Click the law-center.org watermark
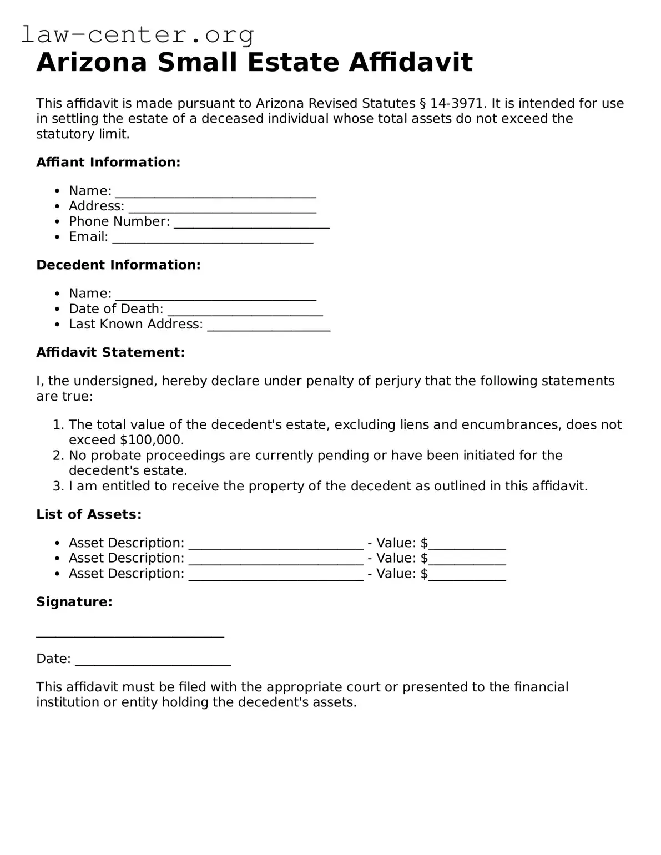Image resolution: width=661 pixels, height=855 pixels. click(x=138, y=34)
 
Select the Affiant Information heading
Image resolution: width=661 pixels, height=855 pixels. click(x=108, y=163)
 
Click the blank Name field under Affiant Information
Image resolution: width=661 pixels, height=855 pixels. click(x=215, y=192)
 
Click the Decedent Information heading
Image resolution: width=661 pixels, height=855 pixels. click(x=118, y=265)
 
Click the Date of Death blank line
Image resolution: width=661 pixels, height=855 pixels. click(x=245, y=310)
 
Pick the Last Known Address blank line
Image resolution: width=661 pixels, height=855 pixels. click(x=269, y=326)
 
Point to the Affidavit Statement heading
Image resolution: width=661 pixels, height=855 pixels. click(x=110, y=352)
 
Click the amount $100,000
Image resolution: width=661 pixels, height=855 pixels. click(x=152, y=440)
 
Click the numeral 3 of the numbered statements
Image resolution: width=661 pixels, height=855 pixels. click(x=58, y=487)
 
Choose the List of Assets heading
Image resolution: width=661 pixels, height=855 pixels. click(x=89, y=515)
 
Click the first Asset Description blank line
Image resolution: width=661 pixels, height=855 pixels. click(x=276, y=544)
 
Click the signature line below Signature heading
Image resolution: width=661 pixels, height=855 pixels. click(x=130, y=634)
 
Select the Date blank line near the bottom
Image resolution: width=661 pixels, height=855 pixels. click(x=153, y=660)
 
